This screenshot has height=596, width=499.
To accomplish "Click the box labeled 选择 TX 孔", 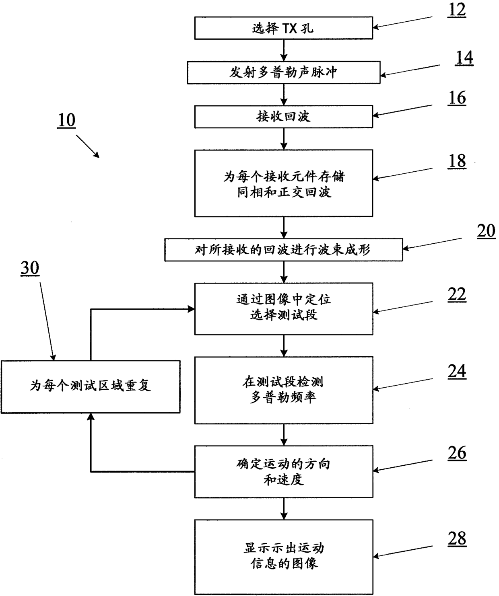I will click(283, 28).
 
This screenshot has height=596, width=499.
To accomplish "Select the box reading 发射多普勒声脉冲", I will click(283, 72).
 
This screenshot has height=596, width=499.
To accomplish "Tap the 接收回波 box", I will click(283, 117).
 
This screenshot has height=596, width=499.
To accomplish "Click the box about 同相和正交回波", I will click(283, 183).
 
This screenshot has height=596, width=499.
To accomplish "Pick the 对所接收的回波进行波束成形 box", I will click(283, 250).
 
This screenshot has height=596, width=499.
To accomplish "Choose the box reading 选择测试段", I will click(283, 308).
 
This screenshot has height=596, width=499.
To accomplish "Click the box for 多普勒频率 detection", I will click(283, 390).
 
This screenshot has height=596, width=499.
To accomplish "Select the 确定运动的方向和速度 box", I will click(283, 471).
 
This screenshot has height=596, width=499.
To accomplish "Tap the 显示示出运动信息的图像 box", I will click(283, 556).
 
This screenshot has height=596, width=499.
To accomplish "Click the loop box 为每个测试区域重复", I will click(90, 386).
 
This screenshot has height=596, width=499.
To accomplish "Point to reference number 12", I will click(457, 10).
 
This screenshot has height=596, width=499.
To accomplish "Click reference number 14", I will click(464, 58).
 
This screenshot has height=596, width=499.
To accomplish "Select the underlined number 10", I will click(66, 120).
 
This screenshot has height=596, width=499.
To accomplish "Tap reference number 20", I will click(486, 232).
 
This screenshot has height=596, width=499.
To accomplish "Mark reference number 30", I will click(30, 268).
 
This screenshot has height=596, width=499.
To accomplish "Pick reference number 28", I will click(457, 538).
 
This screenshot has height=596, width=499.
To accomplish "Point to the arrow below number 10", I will click(87, 146).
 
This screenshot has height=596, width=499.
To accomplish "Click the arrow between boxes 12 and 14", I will click(284, 50).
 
